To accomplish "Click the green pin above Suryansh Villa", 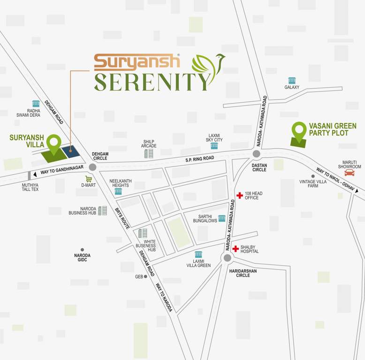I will click(x=54, y=143).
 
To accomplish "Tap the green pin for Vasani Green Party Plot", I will click(x=299, y=131).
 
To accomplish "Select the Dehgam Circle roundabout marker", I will click(x=92, y=167).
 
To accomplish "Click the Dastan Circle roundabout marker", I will click(x=256, y=154).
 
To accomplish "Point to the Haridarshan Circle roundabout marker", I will click(x=228, y=258).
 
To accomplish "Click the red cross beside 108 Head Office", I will click(x=239, y=195).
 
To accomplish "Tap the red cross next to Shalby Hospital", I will click(x=236, y=248).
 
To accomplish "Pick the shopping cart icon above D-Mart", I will click(x=88, y=179).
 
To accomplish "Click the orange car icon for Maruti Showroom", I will click(x=350, y=172).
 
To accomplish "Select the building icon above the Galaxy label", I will click(x=292, y=81).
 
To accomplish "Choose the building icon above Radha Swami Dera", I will click(x=36, y=104).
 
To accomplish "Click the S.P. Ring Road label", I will click(x=199, y=159).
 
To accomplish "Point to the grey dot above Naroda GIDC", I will click(x=82, y=250).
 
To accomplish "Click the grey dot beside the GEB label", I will click(x=145, y=277).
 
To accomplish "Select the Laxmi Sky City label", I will click(x=214, y=137).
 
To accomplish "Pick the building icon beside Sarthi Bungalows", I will click(x=221, y=218).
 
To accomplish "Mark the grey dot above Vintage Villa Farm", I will click(x=313, y=176).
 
